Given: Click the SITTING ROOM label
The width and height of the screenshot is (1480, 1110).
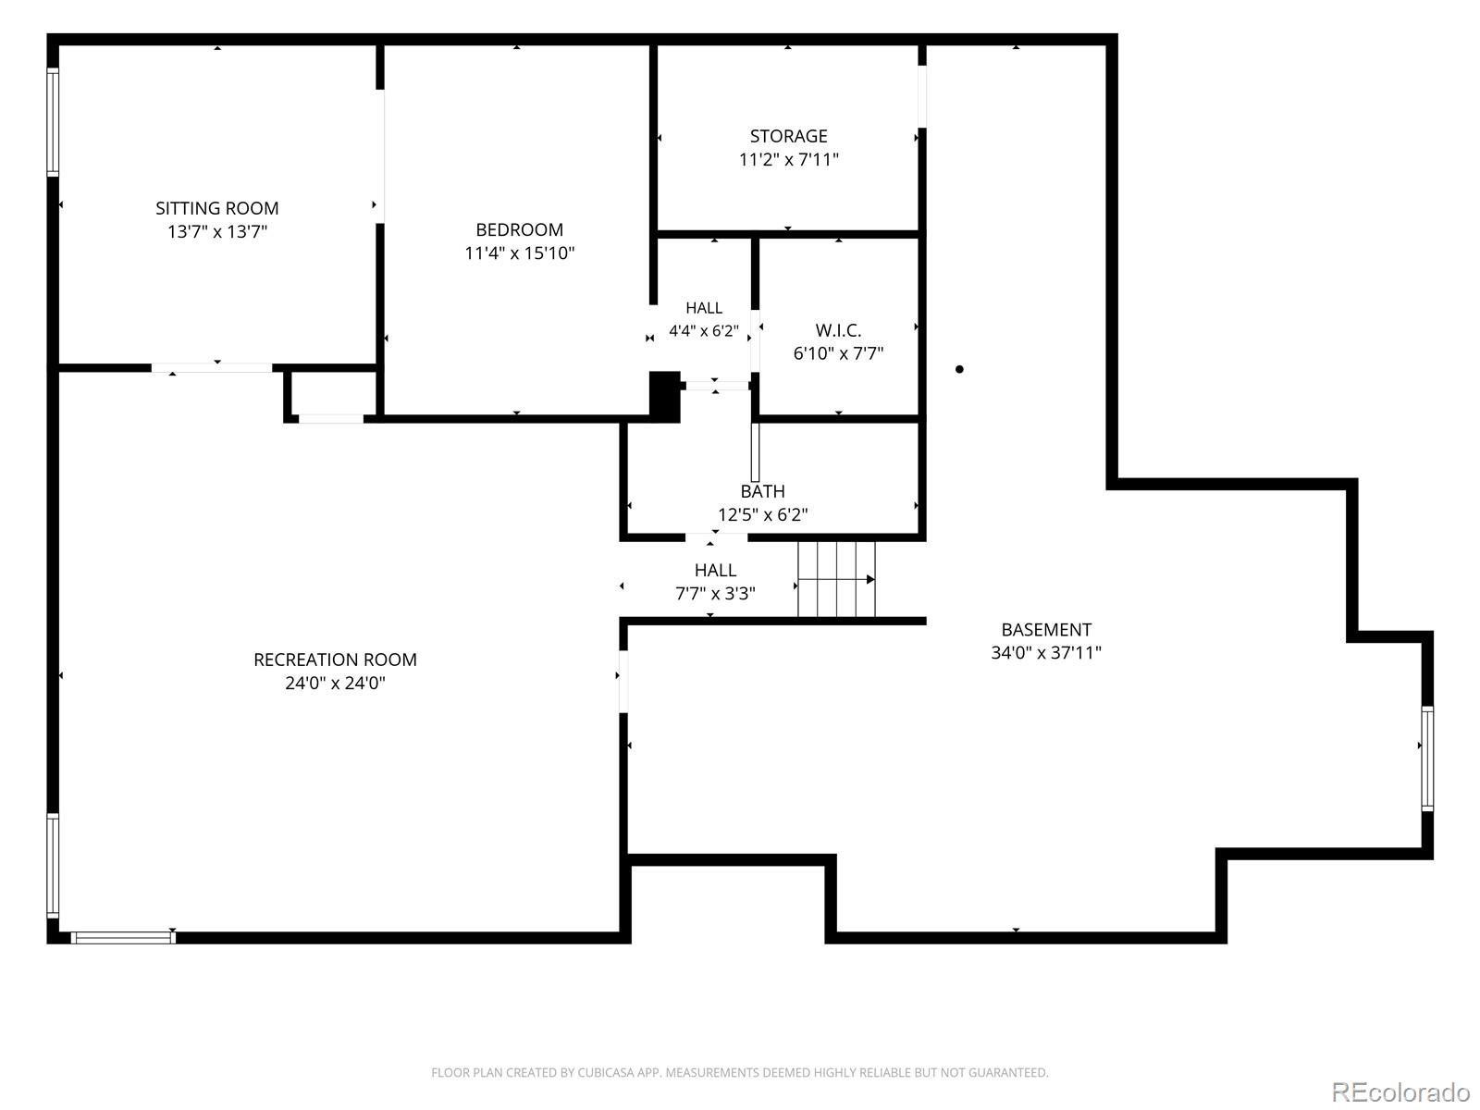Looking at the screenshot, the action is pyautogui.click(x=217, y=208).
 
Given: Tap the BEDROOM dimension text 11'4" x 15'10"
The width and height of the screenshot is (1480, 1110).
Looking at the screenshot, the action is pyautogui.click(x=519, y=253).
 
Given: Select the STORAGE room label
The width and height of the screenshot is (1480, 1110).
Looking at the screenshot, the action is pyautogui.click(x=788, y=136).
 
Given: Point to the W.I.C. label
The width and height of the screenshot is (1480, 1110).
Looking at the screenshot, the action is pyautogui.click(x=838, y=330).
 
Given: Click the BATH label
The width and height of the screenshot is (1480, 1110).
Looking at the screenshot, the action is pyautogui.click(x=762, y=491).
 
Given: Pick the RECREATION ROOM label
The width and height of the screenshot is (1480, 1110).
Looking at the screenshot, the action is pyautogui.click(x=335, y=660).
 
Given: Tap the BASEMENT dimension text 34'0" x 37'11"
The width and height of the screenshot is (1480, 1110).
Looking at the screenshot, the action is pyautogui.click(x=1046, y=652).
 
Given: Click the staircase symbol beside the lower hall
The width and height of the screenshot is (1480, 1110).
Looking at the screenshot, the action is pyautogui.click(x=836, y=579).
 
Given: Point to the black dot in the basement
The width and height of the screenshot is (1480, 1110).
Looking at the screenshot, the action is pyautogui.click(x=959, y=369).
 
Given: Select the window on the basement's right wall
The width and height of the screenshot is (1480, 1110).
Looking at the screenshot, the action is pyautogui.click(x=1426, y=758).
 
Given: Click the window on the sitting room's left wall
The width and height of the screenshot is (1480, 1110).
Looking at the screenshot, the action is pyautogui.click(x=53, y=122).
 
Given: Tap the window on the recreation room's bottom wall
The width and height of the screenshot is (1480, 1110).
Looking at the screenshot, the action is pyautogui.click(x=123, y=937).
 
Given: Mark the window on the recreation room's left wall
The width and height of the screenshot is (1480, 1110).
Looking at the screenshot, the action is pyautogui.click(x=53, y=866).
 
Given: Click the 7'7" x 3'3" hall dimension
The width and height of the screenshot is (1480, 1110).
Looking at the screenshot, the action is pyautogui.click(x=715, y=594).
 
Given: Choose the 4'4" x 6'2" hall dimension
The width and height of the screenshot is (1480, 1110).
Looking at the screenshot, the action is pyautogui.click(x=703, y=331).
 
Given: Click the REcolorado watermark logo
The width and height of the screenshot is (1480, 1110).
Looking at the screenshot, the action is pyautogui.click(x=1400, y=1091).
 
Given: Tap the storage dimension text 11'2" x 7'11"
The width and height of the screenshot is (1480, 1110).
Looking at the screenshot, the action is pyautogui.click(x=788, y=160).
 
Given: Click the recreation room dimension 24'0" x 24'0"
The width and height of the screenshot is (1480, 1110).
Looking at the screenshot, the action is pyautogui.click(x=335, y=684).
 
